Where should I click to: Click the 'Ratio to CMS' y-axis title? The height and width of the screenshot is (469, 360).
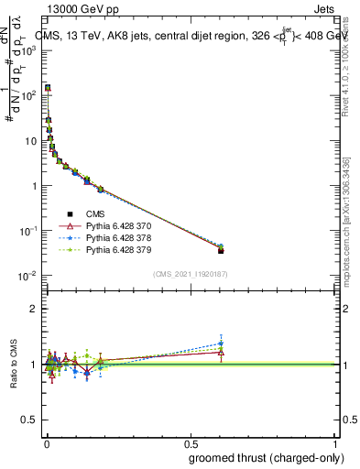14,365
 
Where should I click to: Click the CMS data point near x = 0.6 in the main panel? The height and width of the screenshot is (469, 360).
221,250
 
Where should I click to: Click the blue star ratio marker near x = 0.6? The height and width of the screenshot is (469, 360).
221,344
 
